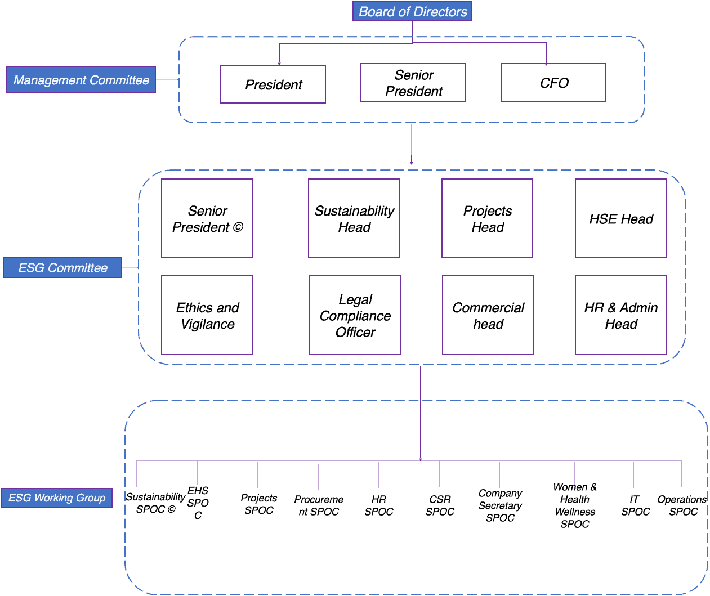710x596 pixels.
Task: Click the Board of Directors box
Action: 412,11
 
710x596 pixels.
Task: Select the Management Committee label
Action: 81,80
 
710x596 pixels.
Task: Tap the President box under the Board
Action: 273,84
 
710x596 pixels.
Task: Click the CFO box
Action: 553,83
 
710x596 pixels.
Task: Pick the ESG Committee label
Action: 62,267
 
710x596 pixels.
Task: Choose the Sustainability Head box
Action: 354,218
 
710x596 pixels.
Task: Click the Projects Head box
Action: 488,218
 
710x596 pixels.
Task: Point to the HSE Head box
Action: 620,218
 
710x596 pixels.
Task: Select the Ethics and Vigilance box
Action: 207,315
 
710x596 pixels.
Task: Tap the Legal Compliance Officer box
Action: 355,315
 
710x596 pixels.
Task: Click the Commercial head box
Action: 488,315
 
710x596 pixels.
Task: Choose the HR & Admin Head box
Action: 620,315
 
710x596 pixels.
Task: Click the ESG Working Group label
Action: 57,498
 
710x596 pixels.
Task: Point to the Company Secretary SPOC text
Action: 500,505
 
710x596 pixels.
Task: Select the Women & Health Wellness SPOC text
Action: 574,505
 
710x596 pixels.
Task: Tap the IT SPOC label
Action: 635,505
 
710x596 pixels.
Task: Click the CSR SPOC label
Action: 440,505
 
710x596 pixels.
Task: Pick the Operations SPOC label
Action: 682,505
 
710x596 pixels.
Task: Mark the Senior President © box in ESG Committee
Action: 207,218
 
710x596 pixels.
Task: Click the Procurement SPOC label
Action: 319,505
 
